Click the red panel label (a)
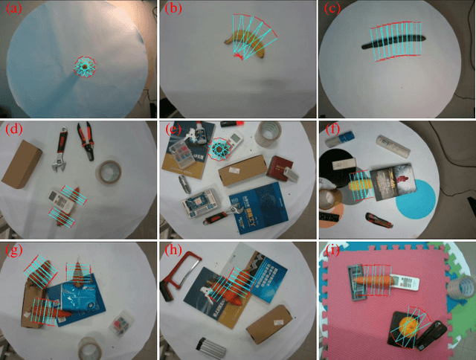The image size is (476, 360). [x=13, y=10]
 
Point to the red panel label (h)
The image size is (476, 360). [x=173, y=250]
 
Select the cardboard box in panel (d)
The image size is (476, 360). [x=22, y=162]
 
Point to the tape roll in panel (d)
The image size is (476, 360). [x=111, y=173]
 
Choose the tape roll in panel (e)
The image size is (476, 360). [x=268, y=134]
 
